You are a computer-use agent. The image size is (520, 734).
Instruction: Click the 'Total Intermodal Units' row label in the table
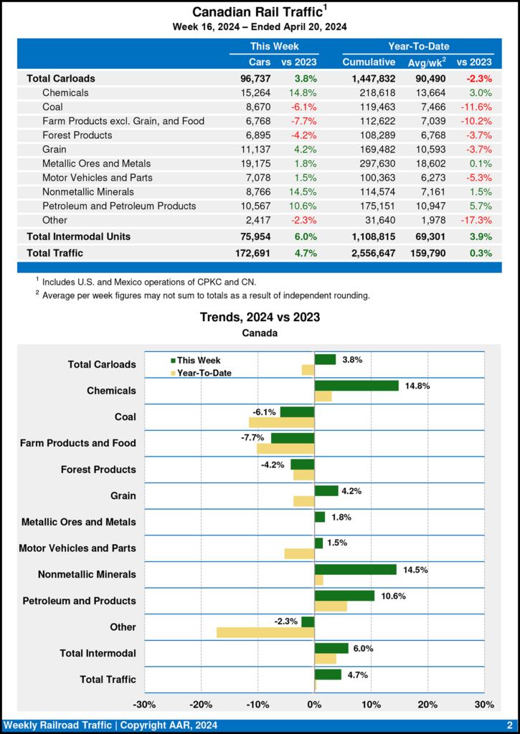pos(78,236)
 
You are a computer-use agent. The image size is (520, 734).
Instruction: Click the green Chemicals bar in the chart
pos(356,386)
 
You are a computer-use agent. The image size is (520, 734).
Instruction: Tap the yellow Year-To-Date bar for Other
pos(265,632)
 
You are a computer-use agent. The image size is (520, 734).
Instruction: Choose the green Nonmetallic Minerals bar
pos(356,569)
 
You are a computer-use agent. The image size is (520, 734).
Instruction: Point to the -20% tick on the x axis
pos(202,705)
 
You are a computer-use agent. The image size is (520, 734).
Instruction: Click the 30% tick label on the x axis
pos(484,705)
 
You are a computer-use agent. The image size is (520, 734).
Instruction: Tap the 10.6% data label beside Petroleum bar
pos(389,596)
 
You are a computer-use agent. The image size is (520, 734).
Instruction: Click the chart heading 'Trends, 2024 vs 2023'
pos(260,317)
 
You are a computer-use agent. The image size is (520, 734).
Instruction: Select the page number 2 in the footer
pos(509,725)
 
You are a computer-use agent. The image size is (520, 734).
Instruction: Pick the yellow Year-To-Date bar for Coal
pos(282,422)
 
